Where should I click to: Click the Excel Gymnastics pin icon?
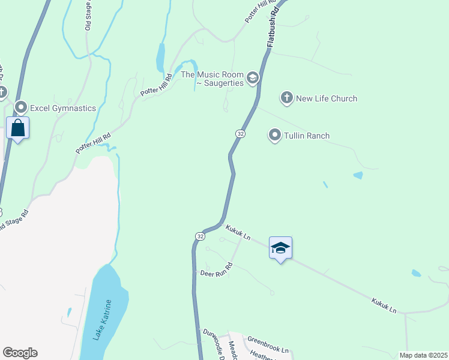point(21,108)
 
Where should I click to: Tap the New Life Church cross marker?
point(287,98)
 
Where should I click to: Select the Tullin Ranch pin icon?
point(275,136)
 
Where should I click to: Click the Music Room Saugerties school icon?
point(253,77)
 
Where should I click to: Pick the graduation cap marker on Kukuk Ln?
point(280,248)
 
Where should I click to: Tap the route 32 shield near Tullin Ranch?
point(240,133)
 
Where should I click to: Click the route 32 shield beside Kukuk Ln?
point(200,236)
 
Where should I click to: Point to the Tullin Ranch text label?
point(307,136)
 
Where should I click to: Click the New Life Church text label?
point(327,98)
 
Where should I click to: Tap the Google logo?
point(20,353)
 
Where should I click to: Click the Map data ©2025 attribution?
point(423,355)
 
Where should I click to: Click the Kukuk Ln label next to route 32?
point(238,232)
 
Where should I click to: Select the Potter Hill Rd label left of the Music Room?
point(154,86)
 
